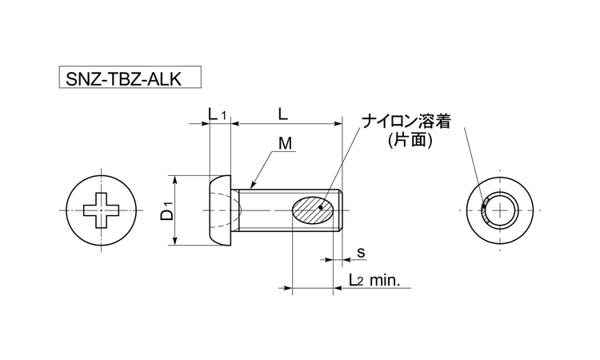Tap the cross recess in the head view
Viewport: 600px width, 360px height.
pyautogui.click(x=105, y=210)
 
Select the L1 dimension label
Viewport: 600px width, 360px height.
pyautogui.click(x=218, y=115)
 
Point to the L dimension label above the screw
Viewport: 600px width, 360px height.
pyautogui.click(x=283, y=114)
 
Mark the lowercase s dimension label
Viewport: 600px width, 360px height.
pyautogui.click(x=361, y=253)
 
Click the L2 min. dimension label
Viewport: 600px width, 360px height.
pyautogui.click(x=378, y=281)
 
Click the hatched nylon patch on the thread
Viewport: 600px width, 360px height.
pyautogui.click(x=310, y=210)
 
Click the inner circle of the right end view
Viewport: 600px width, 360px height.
pyautogui.click(x=502, y=210)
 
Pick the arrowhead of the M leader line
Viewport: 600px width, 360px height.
pyautogui.click(x=251, y=183)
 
